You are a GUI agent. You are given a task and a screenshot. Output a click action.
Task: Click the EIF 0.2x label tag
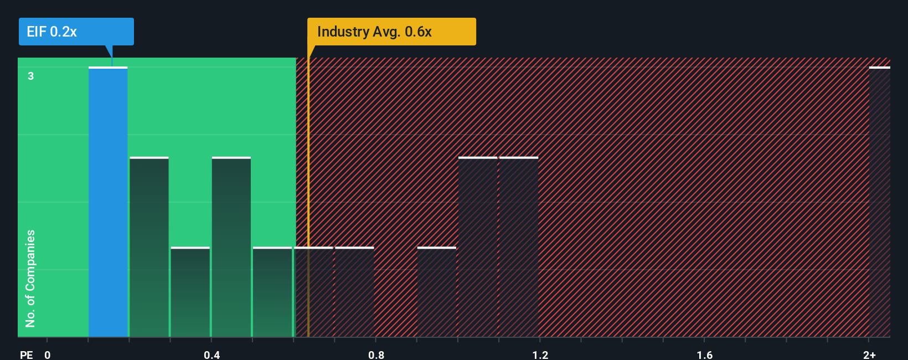(76, 32)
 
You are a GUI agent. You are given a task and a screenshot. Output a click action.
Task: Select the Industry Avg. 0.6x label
(391, 32)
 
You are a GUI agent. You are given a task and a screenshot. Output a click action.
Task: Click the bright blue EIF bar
(108, 202)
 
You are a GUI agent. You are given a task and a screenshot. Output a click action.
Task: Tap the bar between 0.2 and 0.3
(149, 247)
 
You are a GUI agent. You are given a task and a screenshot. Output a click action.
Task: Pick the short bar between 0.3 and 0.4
(190, 292)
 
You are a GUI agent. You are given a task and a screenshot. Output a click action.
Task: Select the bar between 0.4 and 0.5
(231, 247)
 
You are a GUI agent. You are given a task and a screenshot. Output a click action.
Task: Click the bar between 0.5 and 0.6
(272, 292)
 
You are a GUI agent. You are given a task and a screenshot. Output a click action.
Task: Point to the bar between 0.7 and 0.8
(354, 292)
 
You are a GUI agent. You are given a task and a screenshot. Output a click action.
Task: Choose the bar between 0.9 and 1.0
(437, 292)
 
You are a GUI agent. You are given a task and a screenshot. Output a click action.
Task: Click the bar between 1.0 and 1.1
(478, 247)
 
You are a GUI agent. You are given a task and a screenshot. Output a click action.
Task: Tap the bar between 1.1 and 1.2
(519, 247)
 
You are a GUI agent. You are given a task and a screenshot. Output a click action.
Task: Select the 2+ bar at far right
(879, 202)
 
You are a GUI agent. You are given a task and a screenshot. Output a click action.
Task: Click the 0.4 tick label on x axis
(211, 354)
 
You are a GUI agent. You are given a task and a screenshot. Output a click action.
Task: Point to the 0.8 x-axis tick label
(376, 354)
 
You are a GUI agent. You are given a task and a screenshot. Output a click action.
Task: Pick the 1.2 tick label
(540, 354)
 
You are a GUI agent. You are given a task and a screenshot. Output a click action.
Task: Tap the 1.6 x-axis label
(704, 354)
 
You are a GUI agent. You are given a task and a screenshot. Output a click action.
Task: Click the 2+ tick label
(869, 354)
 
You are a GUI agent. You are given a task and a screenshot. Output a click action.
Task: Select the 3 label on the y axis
(31, 76)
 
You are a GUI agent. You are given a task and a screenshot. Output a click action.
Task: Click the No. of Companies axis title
(30, 278)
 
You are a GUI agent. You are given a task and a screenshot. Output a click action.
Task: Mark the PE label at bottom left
(26, 354)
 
